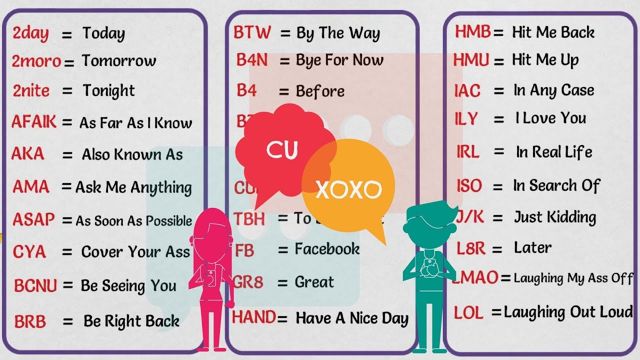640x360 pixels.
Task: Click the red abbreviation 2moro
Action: pos(36,61)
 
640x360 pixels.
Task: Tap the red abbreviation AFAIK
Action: pos(34,122)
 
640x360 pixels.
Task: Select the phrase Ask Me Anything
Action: pos(133,187)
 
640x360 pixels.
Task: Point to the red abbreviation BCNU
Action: pos(35,285)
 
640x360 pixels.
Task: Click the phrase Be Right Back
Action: pos(131,320)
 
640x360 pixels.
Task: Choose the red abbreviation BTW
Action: pos(252,33)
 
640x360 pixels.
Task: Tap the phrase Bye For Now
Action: pos(339,60)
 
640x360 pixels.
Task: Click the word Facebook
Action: pos(327,248)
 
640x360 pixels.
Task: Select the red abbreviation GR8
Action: pos(248,282)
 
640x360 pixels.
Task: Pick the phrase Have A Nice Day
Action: pos(352,318)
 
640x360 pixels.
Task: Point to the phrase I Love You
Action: pos(550,118)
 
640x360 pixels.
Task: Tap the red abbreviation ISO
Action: pos(469,186)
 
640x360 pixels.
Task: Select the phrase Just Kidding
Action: pos(555,217)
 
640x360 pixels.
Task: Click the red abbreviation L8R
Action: pos(472,248)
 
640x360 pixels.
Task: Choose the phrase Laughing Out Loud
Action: pos(568,312)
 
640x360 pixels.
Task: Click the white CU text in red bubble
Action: pos(282,150)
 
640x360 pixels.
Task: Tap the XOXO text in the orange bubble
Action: pos(348,189)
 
